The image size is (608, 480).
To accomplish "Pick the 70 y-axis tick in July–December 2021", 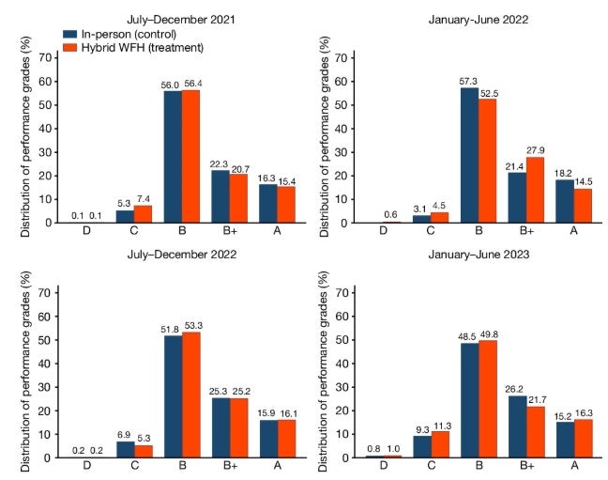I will (49, 58).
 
